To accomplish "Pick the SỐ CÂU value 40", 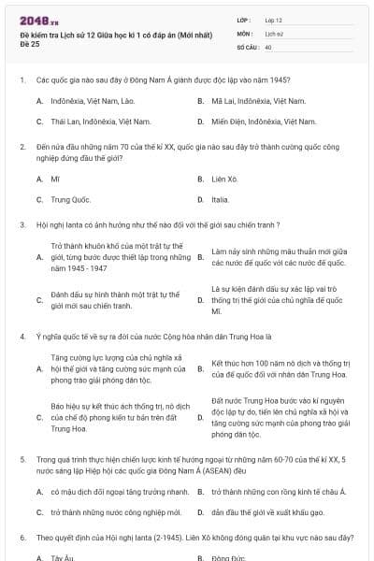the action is (x=268, y=46).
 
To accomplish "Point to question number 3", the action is (x=22, y=224).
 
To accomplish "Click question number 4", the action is (x=22, y=336).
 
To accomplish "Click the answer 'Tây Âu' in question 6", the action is (x=62, y=556).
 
